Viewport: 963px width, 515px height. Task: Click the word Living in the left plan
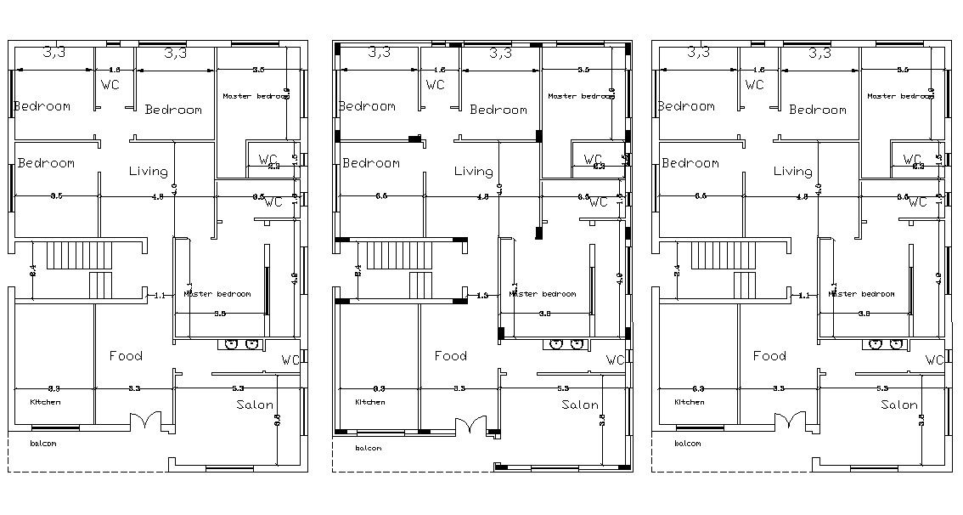(x=149, y=172)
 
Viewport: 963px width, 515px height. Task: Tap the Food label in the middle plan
(x=450, y=356)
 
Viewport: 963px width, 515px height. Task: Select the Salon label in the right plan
(x=899, y=405)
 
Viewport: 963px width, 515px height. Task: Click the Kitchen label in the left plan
(x=46, y=402)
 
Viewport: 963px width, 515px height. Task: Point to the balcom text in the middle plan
(x=368, y=448)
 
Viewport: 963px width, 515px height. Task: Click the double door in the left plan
(x=144, y=421)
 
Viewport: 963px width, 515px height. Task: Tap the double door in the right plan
(x=788, y=421)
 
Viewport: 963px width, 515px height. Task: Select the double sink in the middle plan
(x=565, y=344)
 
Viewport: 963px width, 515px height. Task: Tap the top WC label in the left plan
(x=110, y=84)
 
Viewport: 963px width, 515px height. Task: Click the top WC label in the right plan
(x=754, y=84)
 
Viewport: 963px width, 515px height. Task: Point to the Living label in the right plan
(x=792, y=172)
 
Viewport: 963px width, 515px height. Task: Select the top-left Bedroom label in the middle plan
(x=367, y=106)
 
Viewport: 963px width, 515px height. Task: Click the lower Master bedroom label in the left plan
(x=217, y=294)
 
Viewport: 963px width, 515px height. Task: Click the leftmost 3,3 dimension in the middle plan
(x=380, y=52)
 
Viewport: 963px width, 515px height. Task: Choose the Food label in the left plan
(x=126, y=356)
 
